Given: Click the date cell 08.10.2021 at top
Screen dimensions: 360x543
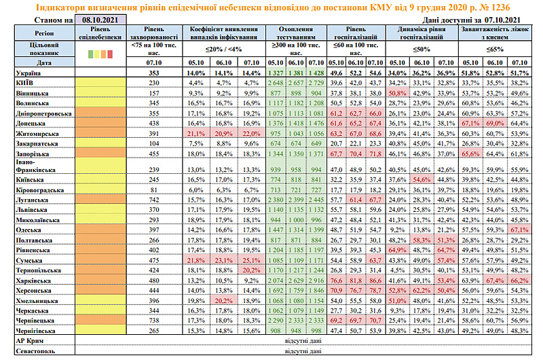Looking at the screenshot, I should point(96,21).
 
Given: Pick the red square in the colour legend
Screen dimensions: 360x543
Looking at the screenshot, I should point(109,54).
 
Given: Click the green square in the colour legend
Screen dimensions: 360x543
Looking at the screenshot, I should point(91,54).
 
